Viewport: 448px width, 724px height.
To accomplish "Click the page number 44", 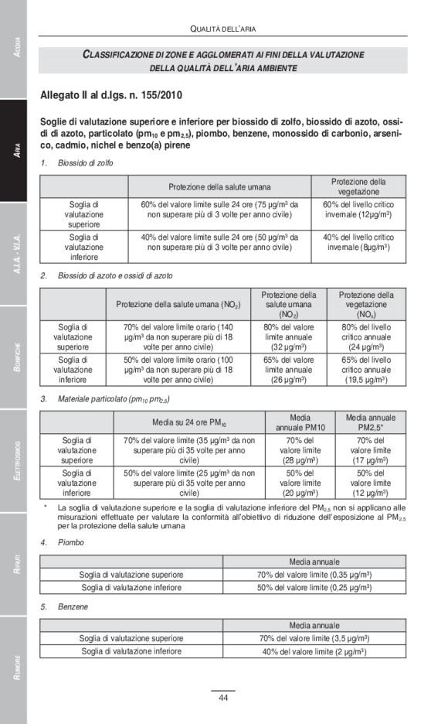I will pyautogui.click(x=222, y=698).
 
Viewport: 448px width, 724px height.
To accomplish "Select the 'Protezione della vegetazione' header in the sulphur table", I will pyautogui.click(x=358, y=186).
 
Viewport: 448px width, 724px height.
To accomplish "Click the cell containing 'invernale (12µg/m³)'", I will pyautogui.click(x=358, y=213).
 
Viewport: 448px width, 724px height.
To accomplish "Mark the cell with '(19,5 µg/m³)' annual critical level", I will pyautogui.click(x=365, y=380).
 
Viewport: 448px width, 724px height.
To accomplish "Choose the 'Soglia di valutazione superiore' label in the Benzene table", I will pyautogui.click(x=131, y=638).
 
